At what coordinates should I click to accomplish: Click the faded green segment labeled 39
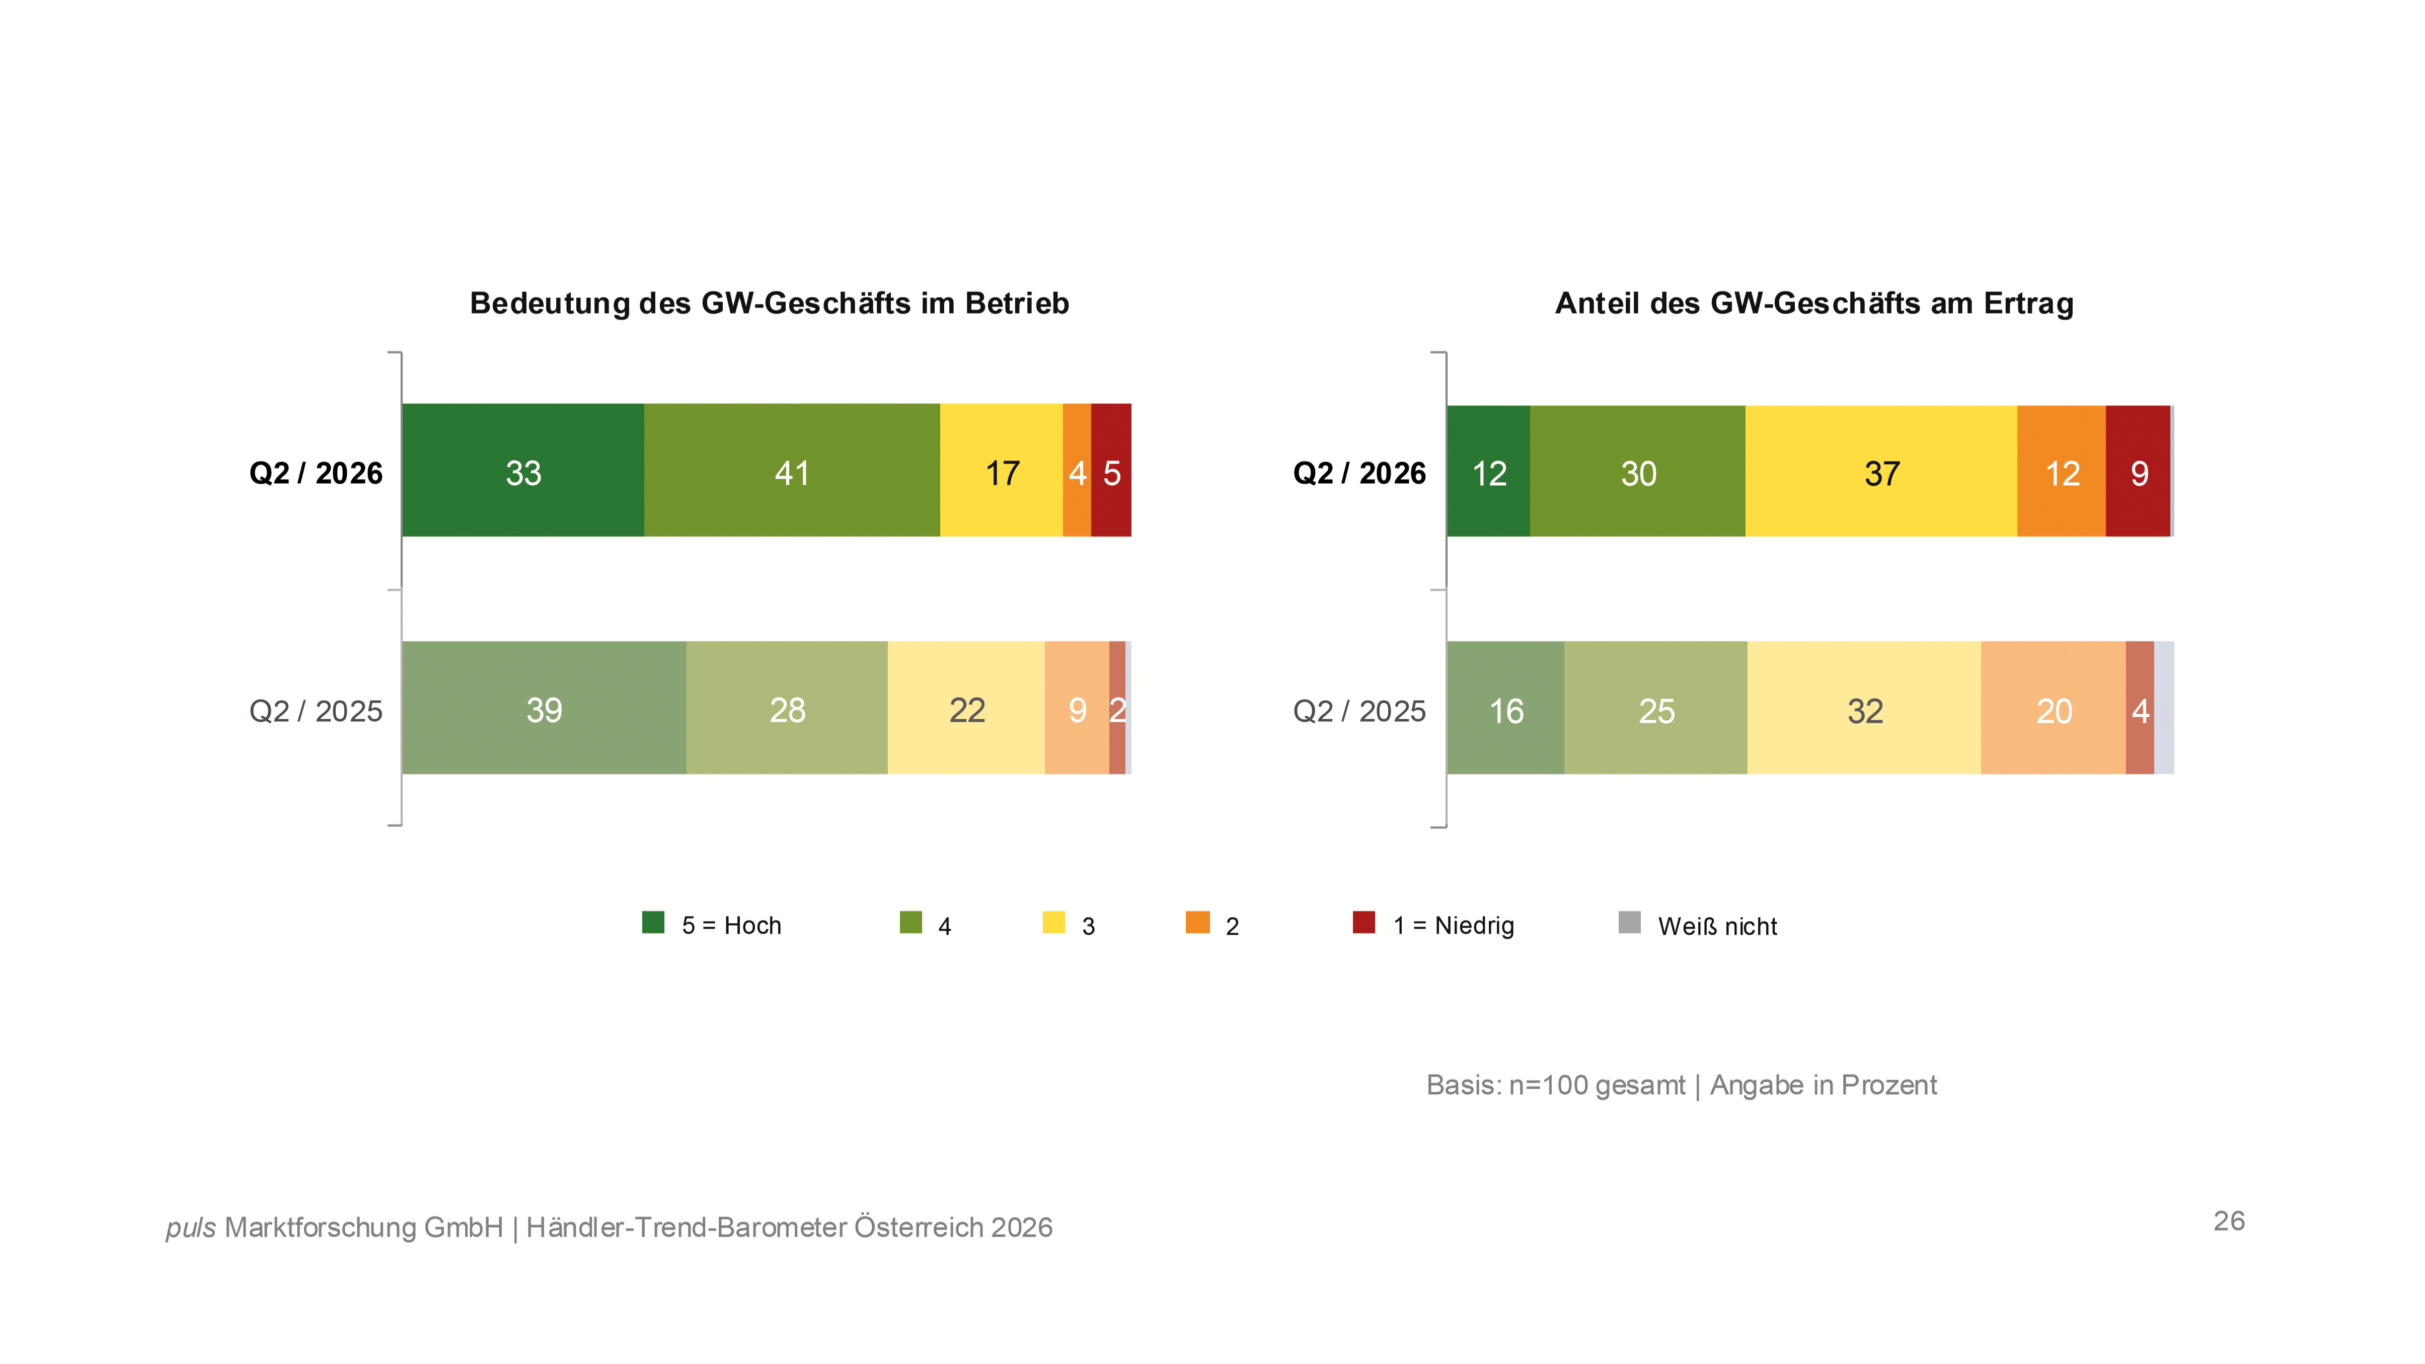click(x=544, y=708)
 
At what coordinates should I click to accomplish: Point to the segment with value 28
click(x=787, y=708)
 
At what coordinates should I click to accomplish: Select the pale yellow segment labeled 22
click(x=966, y=708)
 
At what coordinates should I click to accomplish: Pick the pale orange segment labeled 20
click(x=2053, y=708)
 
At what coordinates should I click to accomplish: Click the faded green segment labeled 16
click(x=1505, y=708)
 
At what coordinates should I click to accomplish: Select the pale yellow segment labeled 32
click(x=1864, y=708)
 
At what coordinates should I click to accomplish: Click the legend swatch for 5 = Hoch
click(x=653, y=923)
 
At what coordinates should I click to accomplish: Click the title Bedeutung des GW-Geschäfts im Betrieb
click(x=769, y=303)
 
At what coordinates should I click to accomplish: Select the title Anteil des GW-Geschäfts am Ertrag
click(x=1814, y=303)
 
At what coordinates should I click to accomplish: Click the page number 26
click(x=2228, y=1221)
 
